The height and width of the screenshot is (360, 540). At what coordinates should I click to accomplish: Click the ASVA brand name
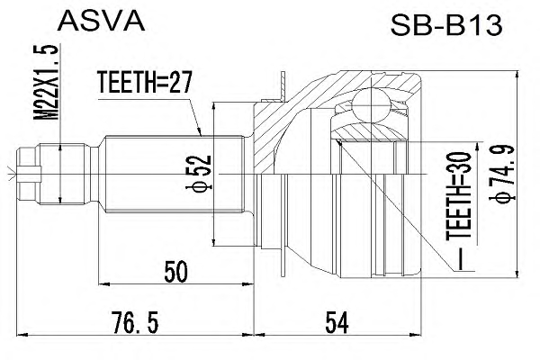click(x=101, y=21)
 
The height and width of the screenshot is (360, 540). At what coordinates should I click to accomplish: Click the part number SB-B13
click(x=446, y=26)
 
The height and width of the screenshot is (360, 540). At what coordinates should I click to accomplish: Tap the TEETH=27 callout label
click(x=144, y=82)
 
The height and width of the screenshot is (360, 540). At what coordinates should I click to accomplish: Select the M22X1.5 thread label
click(x=46, y=82)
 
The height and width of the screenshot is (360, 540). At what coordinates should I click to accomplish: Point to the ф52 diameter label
click(x=199, y=173)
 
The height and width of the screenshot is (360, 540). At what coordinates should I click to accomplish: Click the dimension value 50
click(x=176, y=272)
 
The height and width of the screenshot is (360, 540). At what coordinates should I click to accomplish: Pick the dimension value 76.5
click(x=135, y=322)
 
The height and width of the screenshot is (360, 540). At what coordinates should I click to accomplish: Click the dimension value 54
click(x=337, y=322)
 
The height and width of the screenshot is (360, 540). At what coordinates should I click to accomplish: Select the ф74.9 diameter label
click(x=501, y=175)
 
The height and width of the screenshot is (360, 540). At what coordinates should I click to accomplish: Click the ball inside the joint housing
click(x=371, y=104)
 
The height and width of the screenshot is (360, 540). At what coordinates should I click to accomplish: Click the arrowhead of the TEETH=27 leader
click(x=199, y=132)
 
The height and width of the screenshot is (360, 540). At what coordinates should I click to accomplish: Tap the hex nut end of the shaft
click(x=29, y=174)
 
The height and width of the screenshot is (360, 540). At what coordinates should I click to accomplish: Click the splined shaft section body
click(x=174, y=174)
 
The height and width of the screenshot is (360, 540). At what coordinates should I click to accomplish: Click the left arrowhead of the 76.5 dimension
click(x=22, y=334)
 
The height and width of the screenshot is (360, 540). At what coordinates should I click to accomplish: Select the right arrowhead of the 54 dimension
click(x=416, y=334)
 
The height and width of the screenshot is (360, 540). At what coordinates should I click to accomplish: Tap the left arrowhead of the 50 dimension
click(x=104, y=284)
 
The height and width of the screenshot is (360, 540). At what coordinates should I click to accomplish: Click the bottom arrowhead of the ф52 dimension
click(x=214, y=241)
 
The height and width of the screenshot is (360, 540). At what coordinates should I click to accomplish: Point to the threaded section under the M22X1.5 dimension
click(x=62, y=174)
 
